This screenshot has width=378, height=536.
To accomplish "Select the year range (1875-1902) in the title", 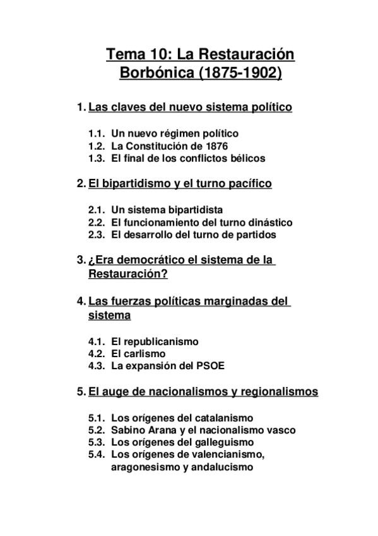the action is point(240,73).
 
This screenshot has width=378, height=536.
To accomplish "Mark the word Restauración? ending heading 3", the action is point(127,274).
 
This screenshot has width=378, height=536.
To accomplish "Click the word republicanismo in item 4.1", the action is point(160,341).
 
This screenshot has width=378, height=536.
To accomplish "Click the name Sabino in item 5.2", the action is point(128,430).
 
